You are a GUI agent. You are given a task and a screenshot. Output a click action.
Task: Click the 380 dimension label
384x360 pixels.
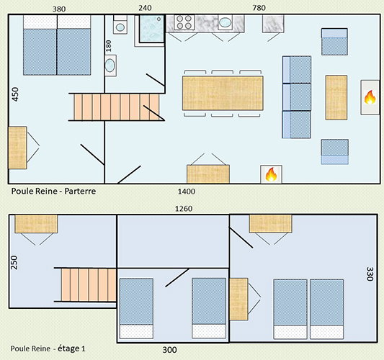59,9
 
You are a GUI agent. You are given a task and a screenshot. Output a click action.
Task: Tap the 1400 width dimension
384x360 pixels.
187,192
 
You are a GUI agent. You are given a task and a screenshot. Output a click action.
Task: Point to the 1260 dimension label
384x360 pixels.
184,209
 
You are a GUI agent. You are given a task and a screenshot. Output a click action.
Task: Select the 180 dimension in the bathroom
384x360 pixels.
109,46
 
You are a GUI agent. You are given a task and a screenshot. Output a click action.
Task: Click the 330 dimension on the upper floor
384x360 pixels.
370,274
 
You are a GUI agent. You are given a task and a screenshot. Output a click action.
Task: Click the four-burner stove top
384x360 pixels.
184,22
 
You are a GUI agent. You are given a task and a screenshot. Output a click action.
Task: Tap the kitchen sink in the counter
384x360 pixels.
225,22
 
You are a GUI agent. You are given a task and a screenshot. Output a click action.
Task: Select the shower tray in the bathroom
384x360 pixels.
151,28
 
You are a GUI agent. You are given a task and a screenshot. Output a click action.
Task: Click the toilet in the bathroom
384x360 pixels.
120,24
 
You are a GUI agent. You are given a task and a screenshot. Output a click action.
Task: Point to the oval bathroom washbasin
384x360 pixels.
110,66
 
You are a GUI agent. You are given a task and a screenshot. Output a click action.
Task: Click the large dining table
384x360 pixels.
223,93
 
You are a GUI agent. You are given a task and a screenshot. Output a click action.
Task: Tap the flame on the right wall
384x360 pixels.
370,97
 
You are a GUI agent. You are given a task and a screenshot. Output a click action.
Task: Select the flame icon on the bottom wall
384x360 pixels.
271,174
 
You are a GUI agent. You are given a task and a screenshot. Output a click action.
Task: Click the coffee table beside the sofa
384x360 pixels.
336,98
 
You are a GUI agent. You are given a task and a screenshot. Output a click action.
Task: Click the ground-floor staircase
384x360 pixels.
117,107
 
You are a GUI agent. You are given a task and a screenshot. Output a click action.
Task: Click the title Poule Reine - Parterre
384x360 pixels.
53,191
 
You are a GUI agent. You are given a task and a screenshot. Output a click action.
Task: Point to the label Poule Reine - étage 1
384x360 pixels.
48,348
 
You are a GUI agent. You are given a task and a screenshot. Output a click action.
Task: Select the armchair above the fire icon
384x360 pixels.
334,42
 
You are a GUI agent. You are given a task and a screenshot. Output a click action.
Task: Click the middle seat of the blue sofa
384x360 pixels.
297,97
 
